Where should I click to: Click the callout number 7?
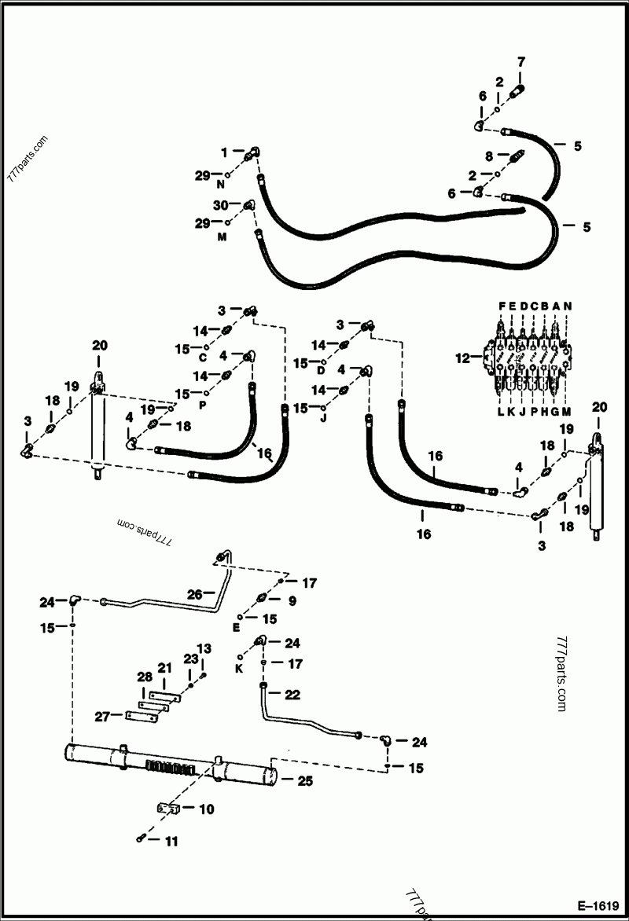[520, 61]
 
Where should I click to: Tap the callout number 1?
[224, 151]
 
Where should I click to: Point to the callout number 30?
[221, 205]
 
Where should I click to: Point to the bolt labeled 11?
[141, 838]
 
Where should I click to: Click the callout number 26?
[195, 593]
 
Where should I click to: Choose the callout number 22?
[292, 695]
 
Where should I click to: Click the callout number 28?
[144, 677]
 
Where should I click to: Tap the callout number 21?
[164, 667]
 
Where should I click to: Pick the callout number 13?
[204, 648]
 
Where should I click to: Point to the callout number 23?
[190, 659]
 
